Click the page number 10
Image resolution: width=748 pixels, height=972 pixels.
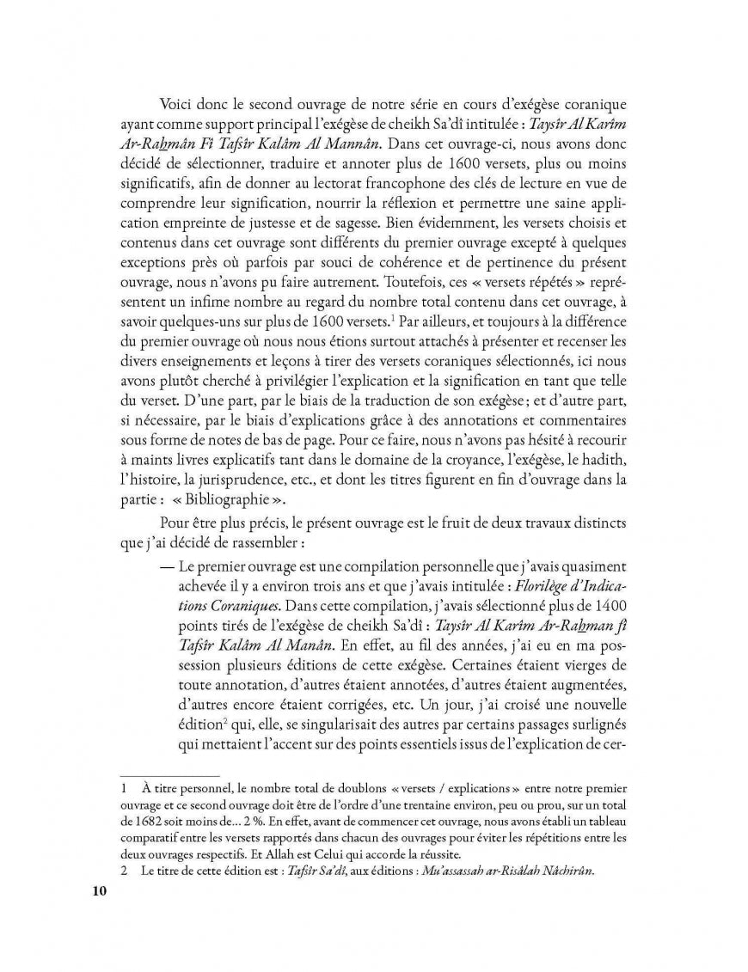click(98, 890)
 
